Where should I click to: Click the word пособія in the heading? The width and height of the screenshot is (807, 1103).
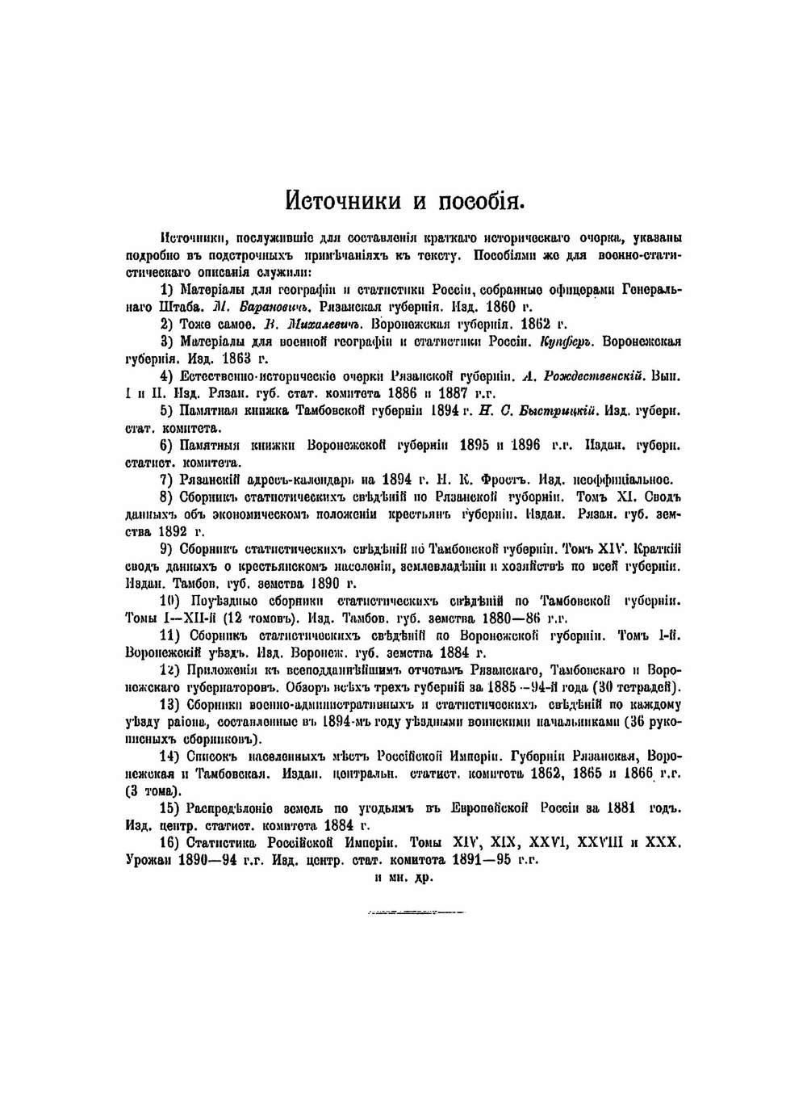(483, 199)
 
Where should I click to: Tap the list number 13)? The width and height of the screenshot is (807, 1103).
(169, 704)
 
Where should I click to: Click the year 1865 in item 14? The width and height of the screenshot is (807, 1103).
(590, 774)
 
